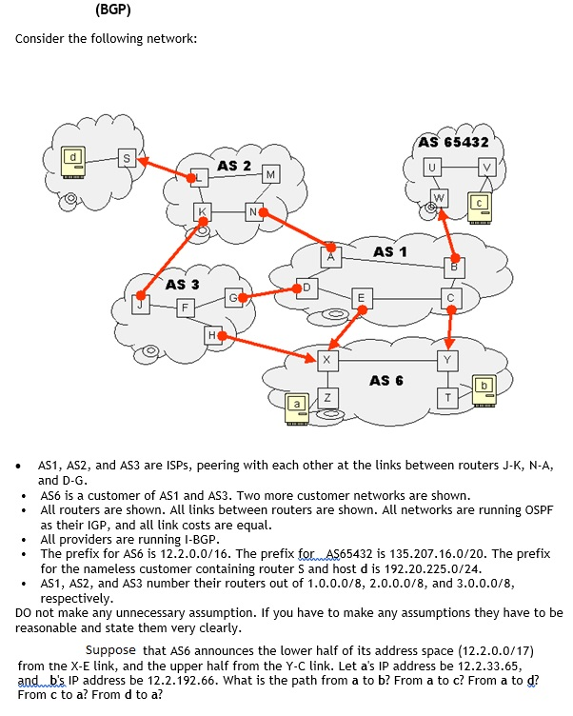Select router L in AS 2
[200, 177]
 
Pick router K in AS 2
[202, 210]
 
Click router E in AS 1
[360, 297]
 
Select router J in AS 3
[140, 304]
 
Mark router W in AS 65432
[438, 198]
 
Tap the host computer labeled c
[480, 205]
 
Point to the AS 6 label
[386, 380]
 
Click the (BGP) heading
[113, 11]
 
